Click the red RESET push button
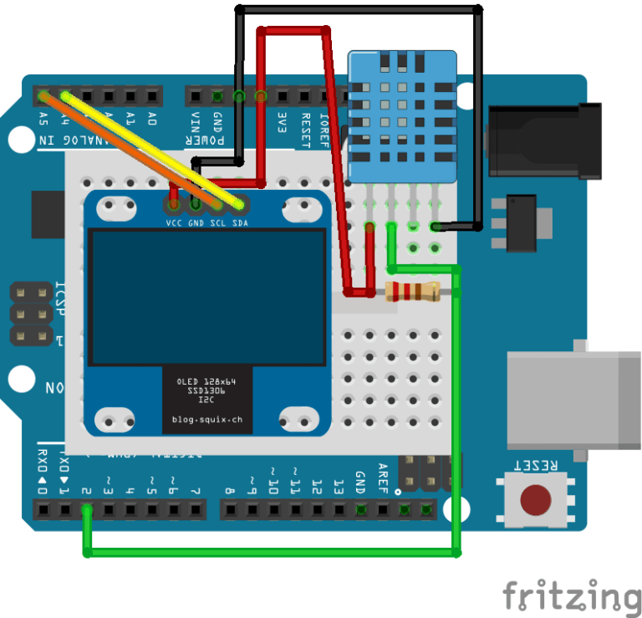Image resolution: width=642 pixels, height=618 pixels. pos(536,500)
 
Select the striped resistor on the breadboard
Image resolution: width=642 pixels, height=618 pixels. pos(411,292)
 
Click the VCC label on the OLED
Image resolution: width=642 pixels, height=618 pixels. pos(174,224)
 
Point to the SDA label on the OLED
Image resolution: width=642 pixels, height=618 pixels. pos(239,224)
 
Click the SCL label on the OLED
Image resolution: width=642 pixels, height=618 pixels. pos(217,224)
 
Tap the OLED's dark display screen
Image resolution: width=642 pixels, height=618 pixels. pos(207,298)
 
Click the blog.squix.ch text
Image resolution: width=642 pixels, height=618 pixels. pos(206,420)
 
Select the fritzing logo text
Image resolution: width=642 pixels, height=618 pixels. pos(572,596)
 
